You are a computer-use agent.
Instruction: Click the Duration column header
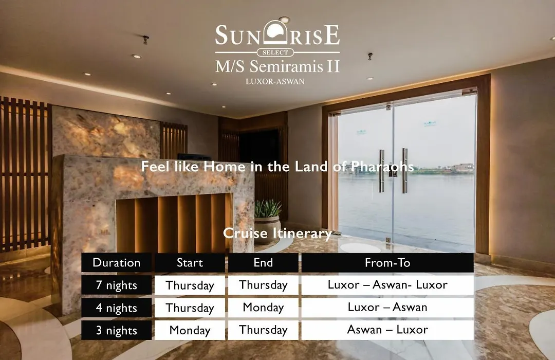pyautogui.click(x=117, y=263)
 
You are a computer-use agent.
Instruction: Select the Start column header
pyautogui.click(x=190, y=263)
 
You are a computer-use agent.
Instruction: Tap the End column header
pyautogui.click(x=263, y=263)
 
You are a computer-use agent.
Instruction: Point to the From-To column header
pyautogui.click(x=387, y=263)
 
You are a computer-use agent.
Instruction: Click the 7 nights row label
pyautogui.click(x=117, y=285)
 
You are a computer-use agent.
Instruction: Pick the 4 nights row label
pyautogui.click(x=117, y=308)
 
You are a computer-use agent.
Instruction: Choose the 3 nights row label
pyautogui.click(x=117, y=330)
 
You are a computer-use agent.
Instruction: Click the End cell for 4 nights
pyautogui.click(x=263, y=308)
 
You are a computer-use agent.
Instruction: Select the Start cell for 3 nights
pyautogui.click(x=190, y=330)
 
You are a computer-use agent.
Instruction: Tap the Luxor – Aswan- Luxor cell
pyautogui.click(x=387, y=285)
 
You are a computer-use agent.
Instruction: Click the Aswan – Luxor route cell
pyautogui.click(x=387, y=330)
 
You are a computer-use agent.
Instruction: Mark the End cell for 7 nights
pyautogui.click(x=263, y=285)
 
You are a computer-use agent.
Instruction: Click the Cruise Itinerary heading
pyautogui.click(x=277, y=233)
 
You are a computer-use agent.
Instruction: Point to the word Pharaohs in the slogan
pyautogui.click(x=382, y=167)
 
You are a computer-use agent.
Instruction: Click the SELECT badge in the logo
pyautogui.click(x=275, y=52)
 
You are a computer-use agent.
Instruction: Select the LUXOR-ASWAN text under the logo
pyautogui.click(x=275, y=81)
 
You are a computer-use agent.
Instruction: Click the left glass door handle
pyautogui.click(x=381, y=171)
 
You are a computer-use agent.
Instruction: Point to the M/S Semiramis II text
pyautogui.click(x=277, y=66)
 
